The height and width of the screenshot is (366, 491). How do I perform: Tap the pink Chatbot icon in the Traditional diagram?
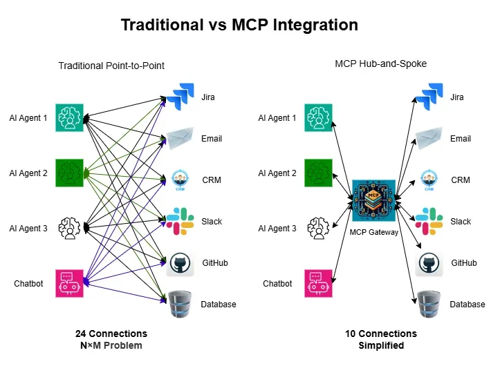[70, 283]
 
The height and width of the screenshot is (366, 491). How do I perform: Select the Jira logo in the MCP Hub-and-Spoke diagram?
[429, 97]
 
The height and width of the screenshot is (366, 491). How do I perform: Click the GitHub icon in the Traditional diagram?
[178, 262]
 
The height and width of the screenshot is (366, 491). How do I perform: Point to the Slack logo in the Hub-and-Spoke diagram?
[429, 221]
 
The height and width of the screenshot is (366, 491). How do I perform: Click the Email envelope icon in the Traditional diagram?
[178, 139]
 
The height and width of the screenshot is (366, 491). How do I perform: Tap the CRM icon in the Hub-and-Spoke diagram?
[429, 180]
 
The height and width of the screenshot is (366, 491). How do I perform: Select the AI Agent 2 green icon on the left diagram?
[70, 173]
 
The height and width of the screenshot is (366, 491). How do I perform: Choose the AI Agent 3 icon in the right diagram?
[319, 228]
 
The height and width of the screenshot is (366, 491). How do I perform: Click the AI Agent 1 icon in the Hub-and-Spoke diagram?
[319, 118]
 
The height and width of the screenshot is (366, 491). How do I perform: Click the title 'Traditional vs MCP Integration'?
[239, 26]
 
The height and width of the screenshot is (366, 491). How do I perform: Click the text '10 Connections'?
[381, 334]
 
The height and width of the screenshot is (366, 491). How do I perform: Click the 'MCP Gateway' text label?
[374, 233]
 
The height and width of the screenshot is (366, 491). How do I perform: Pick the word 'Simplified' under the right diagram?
[381, 345]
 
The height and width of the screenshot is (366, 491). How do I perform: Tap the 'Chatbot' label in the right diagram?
[278, 284]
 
